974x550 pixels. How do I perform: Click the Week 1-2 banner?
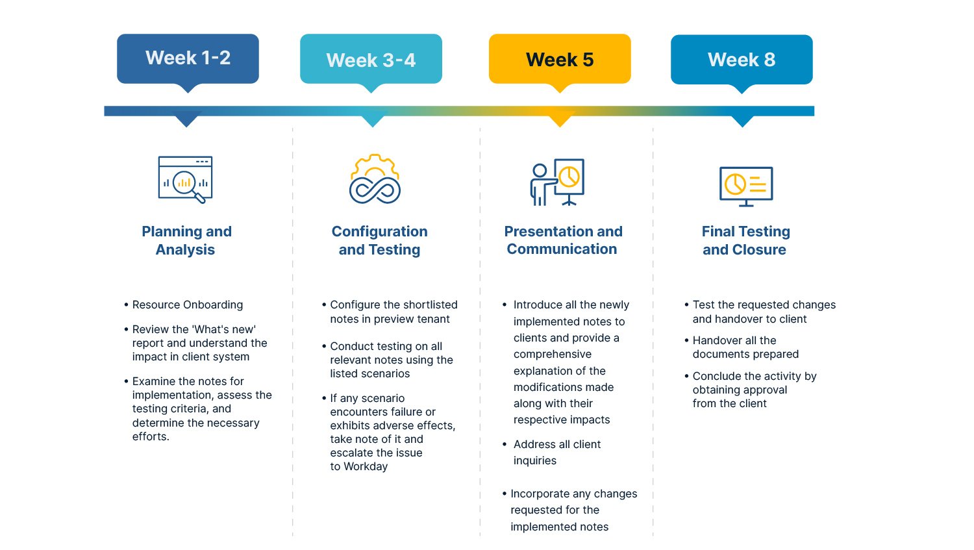[188, 58]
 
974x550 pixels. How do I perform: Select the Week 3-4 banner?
[371, 60]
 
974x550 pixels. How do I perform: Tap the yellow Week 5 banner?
[560, 60]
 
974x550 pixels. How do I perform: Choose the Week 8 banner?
[742, 60]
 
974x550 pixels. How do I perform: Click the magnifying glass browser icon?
[186, 179]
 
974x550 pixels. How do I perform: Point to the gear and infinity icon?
[375, 179]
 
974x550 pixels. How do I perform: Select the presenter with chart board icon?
[557, 182]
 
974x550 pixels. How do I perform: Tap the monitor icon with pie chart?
[746, 186]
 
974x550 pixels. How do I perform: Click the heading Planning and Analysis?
[186, 240]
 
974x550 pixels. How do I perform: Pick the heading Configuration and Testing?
[379, 240]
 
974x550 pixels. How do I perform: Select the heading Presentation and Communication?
[563, 240]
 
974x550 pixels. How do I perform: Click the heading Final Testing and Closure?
[745, 240]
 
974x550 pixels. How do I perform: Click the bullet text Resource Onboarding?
[187, 305]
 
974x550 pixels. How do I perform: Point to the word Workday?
[366, 466]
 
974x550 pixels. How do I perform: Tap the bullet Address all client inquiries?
[556, 452]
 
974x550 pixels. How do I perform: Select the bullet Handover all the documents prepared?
[745, 347]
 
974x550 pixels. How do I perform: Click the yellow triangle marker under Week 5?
[560, 120]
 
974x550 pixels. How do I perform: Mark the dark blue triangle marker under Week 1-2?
[187, 120]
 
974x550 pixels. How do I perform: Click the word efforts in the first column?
[150, 436]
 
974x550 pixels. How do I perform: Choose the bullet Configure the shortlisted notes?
[393, 312]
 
